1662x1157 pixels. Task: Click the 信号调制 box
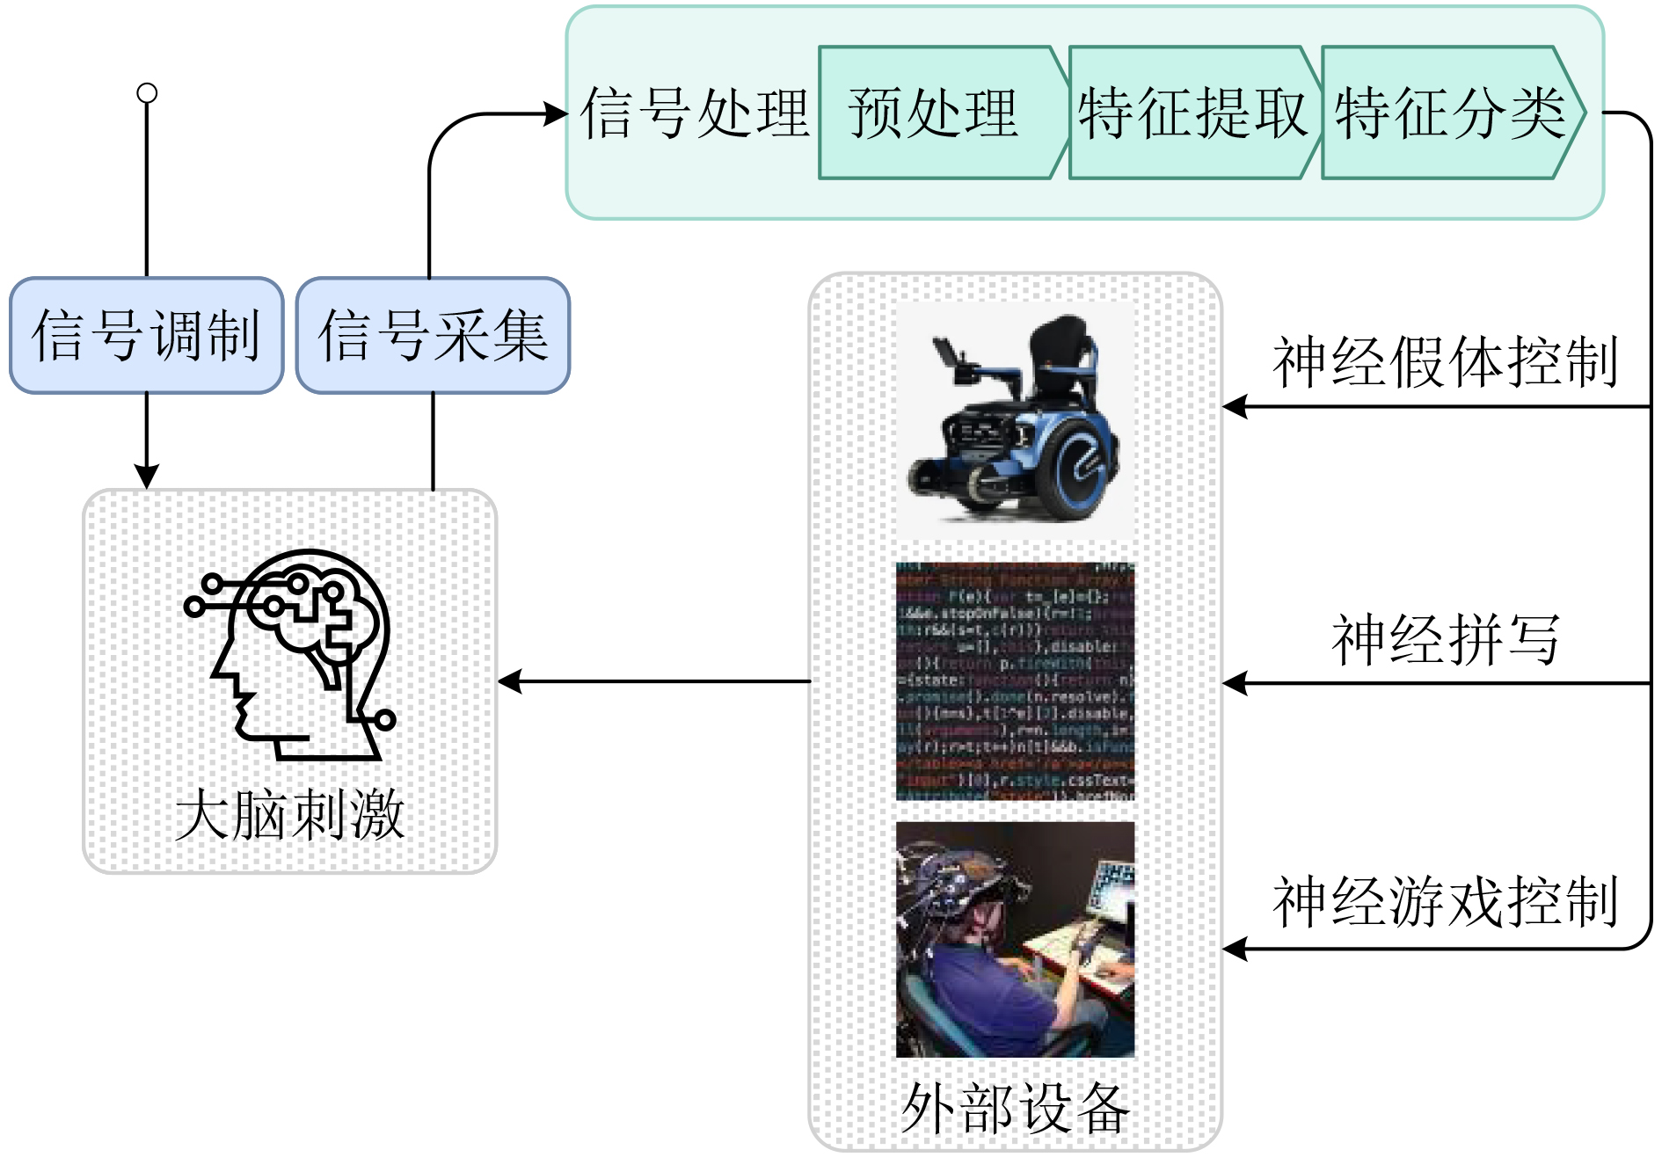click(146, 335)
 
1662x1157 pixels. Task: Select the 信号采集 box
click(433, 335)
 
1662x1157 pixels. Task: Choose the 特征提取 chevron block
click(1192, 113)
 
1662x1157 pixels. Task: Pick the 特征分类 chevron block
click(1449, 113)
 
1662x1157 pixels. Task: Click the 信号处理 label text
click(695, 113)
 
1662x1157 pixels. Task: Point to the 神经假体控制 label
click(1445, 361)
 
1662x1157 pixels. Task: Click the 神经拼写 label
click(1445, 639)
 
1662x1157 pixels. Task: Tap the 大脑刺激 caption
click(289, 815)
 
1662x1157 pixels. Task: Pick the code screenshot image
click(1015, 681)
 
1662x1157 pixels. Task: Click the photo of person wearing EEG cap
click(1015, 939)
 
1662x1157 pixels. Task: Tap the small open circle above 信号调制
click(147, 93)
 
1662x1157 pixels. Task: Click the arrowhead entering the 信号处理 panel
click(557, 113)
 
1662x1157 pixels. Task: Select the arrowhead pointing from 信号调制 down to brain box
click(147, 476)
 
